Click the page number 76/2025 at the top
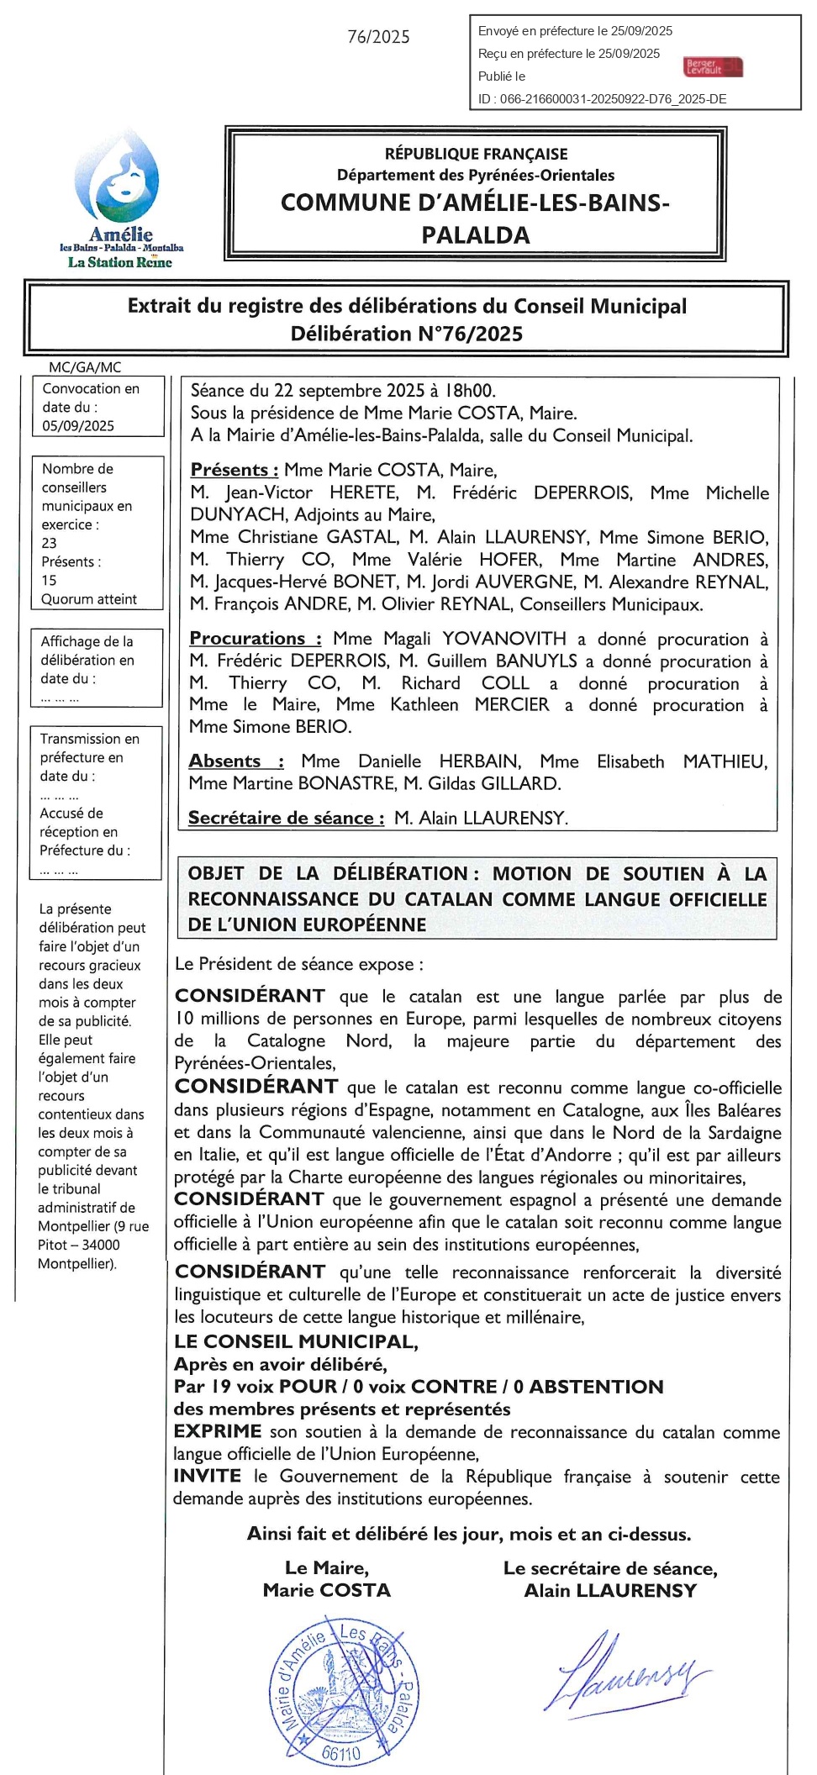click(378, 37)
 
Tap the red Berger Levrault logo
click(714, 66)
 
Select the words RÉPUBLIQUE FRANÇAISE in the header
click(476, 154)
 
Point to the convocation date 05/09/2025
click(78, 426)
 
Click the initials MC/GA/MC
click(85, 367)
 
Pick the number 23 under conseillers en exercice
click(50, 543)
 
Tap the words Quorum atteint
click(89, 599)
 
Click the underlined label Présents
click(234, 470)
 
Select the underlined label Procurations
click(255, 639)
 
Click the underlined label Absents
click(235, 761)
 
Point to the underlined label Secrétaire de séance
click(286, 818)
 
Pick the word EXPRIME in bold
click(218, 1431)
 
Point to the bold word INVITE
click(207, 1476)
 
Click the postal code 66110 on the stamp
click(341, 1753)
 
